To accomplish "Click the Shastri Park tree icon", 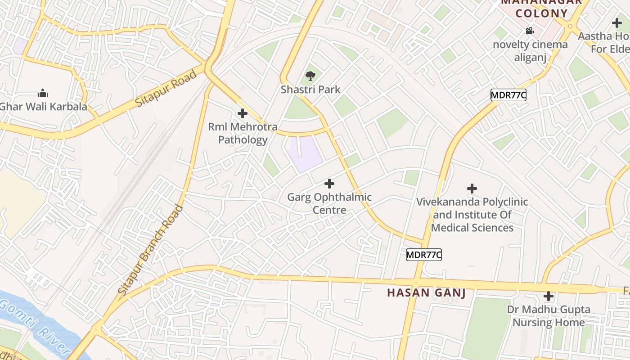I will click(310, 76).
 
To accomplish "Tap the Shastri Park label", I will click(310, 89).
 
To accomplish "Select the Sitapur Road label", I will click(166, 89).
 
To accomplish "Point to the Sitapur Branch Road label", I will click(150, 250).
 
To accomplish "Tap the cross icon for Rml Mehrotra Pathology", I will click(243, 113).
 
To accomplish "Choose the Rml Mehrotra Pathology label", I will click(243, 133).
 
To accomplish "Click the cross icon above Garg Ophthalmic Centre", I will click(329, 184).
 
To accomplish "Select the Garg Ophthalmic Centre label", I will click(329, 203).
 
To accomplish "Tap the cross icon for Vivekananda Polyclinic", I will click(472, 189).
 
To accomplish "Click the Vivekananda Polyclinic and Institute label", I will click(472, 215).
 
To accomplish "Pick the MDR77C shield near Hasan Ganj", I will click(424, 255).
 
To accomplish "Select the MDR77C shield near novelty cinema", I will click(508, 95).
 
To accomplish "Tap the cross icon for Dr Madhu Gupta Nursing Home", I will click(549, 297).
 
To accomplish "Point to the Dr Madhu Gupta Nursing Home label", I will click(549, 316).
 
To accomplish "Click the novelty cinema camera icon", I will click(530, 31).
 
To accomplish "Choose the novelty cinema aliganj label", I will click(530, 51).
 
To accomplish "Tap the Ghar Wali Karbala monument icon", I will click(43, 94).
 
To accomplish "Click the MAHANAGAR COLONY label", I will click(541, 8).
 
